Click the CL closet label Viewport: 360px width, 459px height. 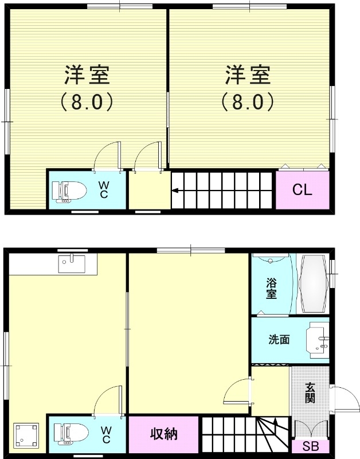pyautogui.click(x=302, y=190)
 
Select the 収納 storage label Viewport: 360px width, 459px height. pyautogui.click(x=164, y=434)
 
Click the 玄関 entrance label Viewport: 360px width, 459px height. pyautogui.click(x=310, y=392)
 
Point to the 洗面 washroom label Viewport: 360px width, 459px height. pyautogui.click(x=279, y=339)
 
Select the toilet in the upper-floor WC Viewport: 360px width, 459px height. pyautogui.click(x=68, y=191)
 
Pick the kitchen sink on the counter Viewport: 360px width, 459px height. pyautogui.click(x=72, y=264)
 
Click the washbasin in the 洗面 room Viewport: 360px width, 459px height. pyautogui.click(x=318, y=339)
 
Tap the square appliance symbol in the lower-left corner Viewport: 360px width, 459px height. pyautogui.click(x=26, y=435)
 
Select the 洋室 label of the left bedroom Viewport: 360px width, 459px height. pyautogui.click(x=87, y=75)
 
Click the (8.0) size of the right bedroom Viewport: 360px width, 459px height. pyautogui.click(x=247, y=102)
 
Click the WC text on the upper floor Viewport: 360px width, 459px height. pyautogui.click(x=104, y=190)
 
